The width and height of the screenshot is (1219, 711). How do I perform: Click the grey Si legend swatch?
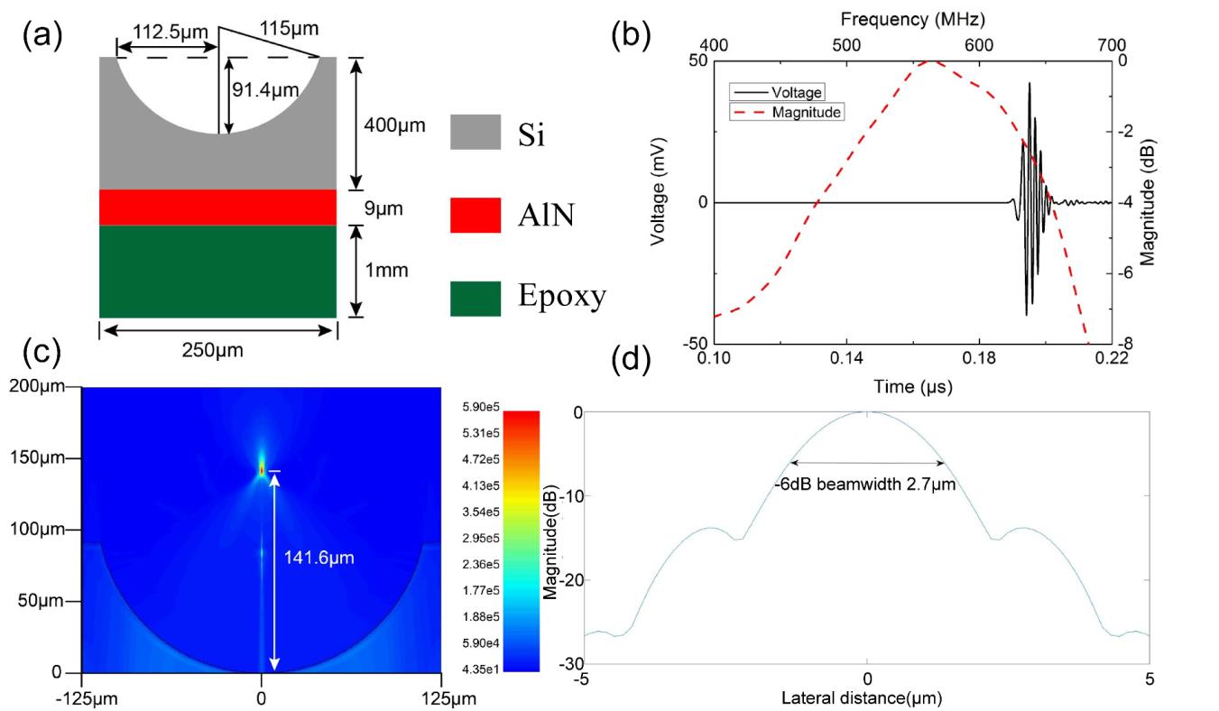[475, 132]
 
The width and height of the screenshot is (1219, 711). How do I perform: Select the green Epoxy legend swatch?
[475, 299]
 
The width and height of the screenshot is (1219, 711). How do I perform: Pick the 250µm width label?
[212, 350]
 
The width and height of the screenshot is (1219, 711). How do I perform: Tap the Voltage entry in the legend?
[793, 92]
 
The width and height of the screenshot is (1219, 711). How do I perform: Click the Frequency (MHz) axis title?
[911, 18]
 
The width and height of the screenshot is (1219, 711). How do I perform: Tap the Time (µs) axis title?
[912, 386]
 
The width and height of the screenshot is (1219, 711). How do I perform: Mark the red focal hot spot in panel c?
[262, 469]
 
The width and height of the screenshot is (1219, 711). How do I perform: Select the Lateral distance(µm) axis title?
[865, 697]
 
